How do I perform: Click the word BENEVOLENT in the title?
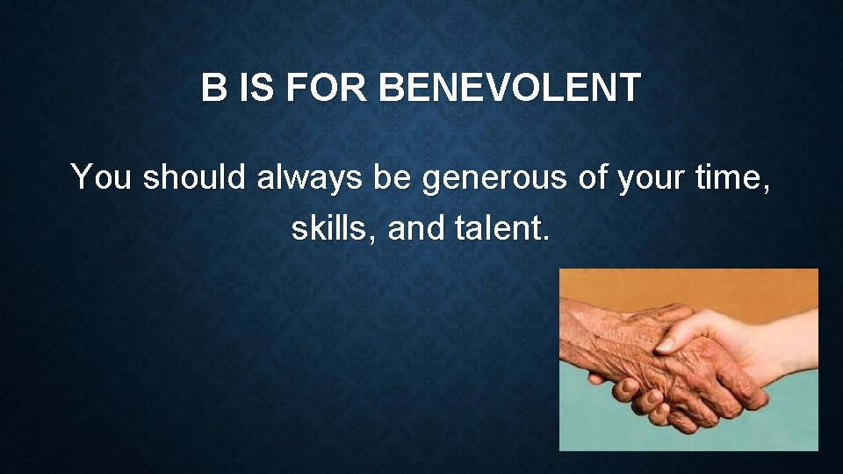(x=512, y=89)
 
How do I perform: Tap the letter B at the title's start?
(x=213, y=89)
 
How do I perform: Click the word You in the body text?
(x=101, y=177)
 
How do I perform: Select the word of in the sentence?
(x=594, y=177)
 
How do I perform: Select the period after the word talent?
(x=545, y=238)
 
